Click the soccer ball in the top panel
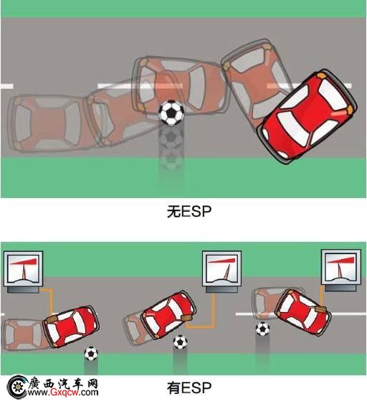click(x=171, y=113)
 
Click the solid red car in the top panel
click(x=307, y=116)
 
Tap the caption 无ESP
click(x=189, y=212)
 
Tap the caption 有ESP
click(x=189, y=388)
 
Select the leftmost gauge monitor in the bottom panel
click(x=23, y=272)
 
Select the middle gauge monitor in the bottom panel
click(x=221, y=271)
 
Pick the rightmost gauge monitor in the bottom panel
click(x=340, y=270)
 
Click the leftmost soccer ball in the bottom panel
click(x=91, y=354)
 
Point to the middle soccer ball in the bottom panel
click(x=180, y=342)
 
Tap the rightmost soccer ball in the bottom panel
click(x=262, y=329)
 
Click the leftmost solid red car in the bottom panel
click(x=71, y=327)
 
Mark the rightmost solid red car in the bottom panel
click(x=303, y=312)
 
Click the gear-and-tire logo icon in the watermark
click(x=17, y=387)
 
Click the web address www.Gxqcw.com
click(x=63, y=393)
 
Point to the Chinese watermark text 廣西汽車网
click(x=63, y=383)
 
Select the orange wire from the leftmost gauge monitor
click(x=51, y=301)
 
